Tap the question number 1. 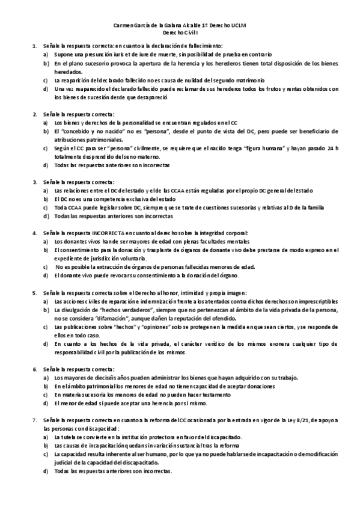tap(34, 46)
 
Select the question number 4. tap(34, 233)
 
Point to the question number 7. tap(34, 419)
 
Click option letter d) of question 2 tap(46, 165)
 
